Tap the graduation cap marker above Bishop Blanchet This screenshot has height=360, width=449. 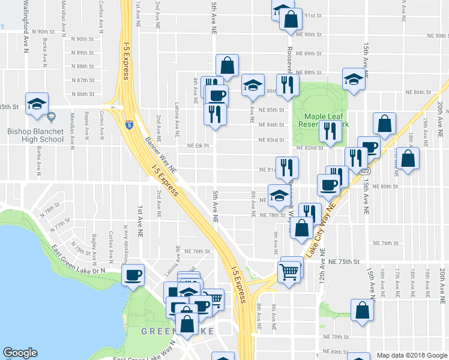click(x=37, y=103)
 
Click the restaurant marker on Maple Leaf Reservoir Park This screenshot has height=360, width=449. click(x=330, y=131)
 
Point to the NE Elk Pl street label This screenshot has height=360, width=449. click(x=197, y=145)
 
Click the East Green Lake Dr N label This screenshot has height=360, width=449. click(x=78, y=259)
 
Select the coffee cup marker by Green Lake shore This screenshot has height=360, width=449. click(x=133, y=275)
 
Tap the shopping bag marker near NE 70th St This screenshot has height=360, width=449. click(x=362, y=310)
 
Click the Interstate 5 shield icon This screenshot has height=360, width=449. click(x=129, y=125)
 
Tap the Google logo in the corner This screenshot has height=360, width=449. click(x=20, y=353)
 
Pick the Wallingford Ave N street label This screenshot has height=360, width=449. click(x=26, y=27)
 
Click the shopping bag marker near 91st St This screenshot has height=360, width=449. click(x=291, y=19)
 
